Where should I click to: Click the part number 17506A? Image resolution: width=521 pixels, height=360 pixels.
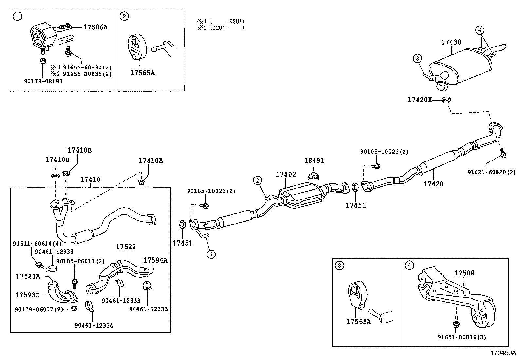[95, 27]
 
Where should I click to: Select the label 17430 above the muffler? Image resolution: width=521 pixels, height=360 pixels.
[451, 42]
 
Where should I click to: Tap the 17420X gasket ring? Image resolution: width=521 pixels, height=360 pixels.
[446, 99]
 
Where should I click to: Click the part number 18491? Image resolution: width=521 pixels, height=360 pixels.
[314, 161]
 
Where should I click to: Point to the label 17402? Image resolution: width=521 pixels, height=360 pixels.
[286, 174]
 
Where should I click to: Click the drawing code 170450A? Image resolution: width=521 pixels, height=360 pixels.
[503, 353]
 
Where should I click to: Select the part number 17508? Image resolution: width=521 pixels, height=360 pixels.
[464, 273]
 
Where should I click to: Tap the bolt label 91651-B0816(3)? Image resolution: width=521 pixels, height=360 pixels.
[461, 337]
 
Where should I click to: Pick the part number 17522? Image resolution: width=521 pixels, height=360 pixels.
[126, 247]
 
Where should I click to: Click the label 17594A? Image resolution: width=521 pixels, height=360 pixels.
[155, 260]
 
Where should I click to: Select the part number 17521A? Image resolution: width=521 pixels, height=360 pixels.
[28, 276]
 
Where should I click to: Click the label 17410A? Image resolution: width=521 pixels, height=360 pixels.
[151, 161]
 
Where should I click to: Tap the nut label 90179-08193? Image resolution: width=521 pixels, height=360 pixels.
[43, 81]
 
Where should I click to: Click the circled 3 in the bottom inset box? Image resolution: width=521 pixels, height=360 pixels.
[340, 265]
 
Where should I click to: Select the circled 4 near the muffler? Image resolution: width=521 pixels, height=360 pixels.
[479, 30]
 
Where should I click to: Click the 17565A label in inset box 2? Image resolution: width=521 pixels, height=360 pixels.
[142, 73]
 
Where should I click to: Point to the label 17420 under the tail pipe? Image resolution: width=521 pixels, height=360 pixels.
[433, 184]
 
